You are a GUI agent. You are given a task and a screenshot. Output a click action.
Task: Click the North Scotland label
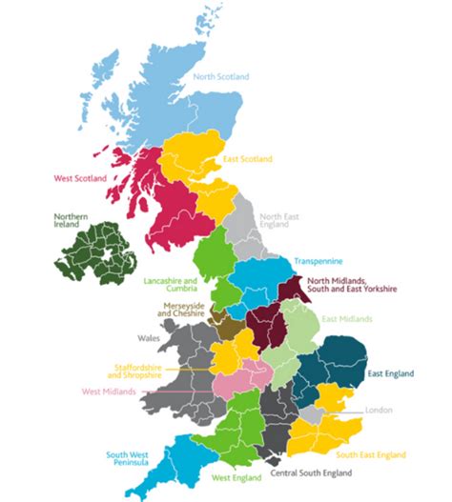[x=221, y=77]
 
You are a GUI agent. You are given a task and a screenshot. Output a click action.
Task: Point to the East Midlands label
[x=346, y=319]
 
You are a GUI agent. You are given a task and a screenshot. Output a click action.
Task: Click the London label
[x=379, y=412]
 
